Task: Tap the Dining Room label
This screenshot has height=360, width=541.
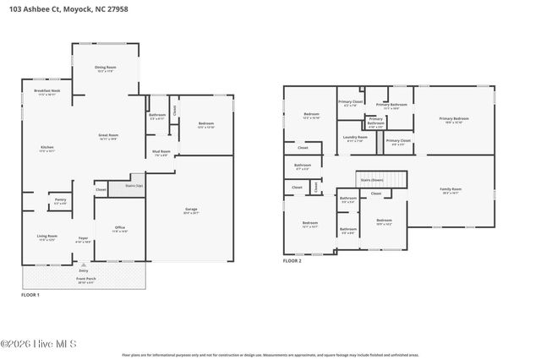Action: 106,67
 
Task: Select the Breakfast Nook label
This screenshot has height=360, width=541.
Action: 47,90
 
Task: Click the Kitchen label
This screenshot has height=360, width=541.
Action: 47,148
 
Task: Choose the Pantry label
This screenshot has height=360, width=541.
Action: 61,199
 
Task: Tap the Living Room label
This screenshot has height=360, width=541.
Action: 47,236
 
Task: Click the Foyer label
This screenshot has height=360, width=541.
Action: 84,238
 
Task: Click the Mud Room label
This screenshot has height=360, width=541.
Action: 161,152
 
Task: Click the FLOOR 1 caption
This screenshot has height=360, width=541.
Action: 30,294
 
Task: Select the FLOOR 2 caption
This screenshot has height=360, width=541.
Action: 292,261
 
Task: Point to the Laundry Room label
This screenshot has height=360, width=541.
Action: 356,137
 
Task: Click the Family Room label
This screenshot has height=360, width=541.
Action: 451,189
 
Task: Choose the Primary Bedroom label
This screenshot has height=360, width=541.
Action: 454,119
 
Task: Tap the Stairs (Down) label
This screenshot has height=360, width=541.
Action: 371,180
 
